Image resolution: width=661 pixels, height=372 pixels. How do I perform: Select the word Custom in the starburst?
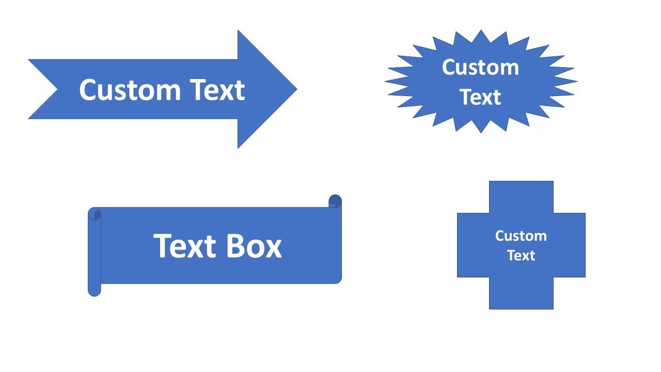pos(480,68)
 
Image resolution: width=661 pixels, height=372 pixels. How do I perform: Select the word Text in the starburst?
pos(480,97)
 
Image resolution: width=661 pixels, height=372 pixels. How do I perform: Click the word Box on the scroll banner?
pos(254,246)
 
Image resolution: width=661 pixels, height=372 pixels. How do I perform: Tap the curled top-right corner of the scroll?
pos(335,201)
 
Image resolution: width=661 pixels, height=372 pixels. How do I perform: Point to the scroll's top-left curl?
pos(95,214)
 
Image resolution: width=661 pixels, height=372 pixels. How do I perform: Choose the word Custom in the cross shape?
pos(521,236)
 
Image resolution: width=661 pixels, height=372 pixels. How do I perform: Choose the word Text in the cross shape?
pos(521,255)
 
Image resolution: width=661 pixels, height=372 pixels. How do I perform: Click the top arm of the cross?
pos(521,196)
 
